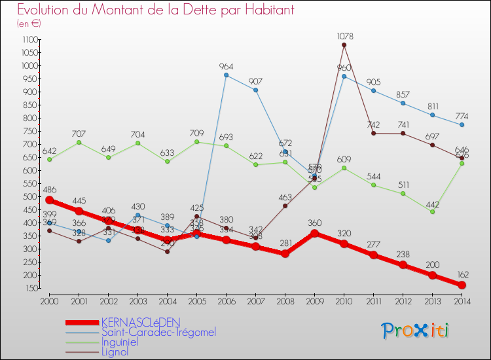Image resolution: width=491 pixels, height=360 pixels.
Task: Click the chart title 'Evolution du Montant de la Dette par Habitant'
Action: (x=155, y=10)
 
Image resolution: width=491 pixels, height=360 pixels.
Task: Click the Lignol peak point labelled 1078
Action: (x=344, y=45)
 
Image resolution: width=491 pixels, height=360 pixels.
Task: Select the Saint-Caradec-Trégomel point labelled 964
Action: (x=226, y=75)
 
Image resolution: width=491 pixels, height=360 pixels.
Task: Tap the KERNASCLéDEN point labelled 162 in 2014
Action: (x=462, y=285)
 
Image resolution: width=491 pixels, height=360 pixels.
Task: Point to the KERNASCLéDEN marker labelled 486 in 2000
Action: (x=49, y=200)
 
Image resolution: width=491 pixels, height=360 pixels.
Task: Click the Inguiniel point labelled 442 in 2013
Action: (x=432, y=211)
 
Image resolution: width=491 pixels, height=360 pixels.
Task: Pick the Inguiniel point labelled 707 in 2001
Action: (x=79, y=142)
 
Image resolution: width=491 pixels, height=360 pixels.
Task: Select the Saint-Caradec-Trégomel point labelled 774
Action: (x=462, y=124)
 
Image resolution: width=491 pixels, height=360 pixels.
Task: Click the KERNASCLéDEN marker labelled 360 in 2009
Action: (x=314, y=233)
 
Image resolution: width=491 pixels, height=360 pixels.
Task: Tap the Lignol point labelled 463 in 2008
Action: (x=285, y=206)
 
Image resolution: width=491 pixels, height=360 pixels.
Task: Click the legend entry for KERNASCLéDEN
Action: (x=140, y=322)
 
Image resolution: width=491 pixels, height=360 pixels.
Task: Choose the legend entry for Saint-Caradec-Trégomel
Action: (x=158, y=332)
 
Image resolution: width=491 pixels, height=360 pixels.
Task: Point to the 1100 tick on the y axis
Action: (x=29, y=39)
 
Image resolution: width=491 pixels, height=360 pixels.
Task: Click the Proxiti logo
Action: (x=416, y=331)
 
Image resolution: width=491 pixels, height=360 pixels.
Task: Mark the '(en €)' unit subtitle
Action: (x=29, y=24)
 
